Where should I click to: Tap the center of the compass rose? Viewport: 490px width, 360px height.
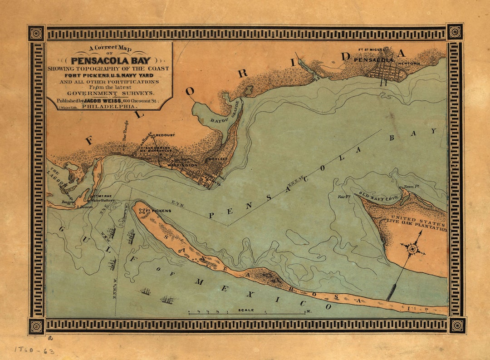pos(413,249)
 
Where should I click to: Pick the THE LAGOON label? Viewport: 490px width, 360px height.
pos(57,177)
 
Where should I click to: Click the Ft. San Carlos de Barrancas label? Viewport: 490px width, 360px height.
pos(155,149)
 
